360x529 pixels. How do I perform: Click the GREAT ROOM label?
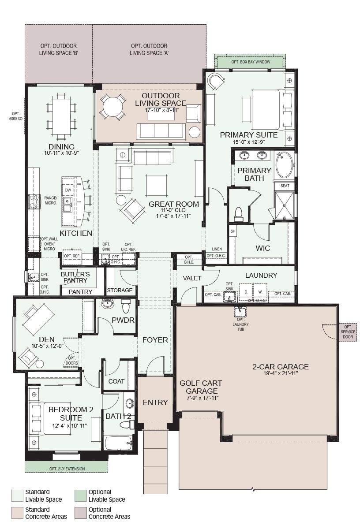tap(174, 204)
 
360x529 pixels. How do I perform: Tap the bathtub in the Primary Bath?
tap(285, 164)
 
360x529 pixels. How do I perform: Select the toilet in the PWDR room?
tap(126, 306)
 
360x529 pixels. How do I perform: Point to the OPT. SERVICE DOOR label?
tap(348, 332)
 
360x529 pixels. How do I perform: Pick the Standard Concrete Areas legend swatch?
tap(18, 513)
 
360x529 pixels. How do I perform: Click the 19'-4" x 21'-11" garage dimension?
tap(281, 373)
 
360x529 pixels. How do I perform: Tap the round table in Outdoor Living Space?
tap(113, 107)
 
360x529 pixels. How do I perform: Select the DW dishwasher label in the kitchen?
tap(68, 190)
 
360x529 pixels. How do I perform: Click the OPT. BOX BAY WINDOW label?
tap(251, 62)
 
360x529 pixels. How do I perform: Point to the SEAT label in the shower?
tap(285, 186)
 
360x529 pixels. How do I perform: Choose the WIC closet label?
tap(262, 248)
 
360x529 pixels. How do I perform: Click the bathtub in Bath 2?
tap(118, 443)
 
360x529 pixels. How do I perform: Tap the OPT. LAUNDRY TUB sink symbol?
tap(240, 312)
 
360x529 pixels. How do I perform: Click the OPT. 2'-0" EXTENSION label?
tap(67, 469)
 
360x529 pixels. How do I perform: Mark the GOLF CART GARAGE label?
tap(201, 387)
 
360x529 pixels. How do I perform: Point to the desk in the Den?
tap(39, 319)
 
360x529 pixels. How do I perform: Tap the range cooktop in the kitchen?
tap(34, 201)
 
